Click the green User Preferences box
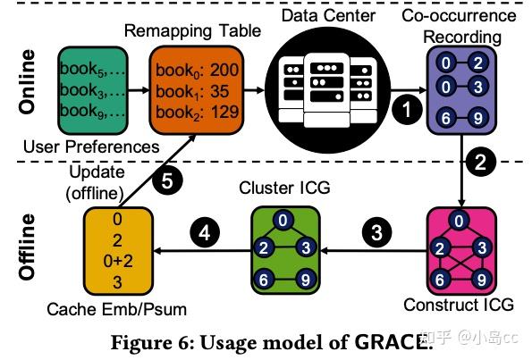90,89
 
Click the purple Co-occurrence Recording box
460,89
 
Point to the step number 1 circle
408,110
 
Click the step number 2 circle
480,163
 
